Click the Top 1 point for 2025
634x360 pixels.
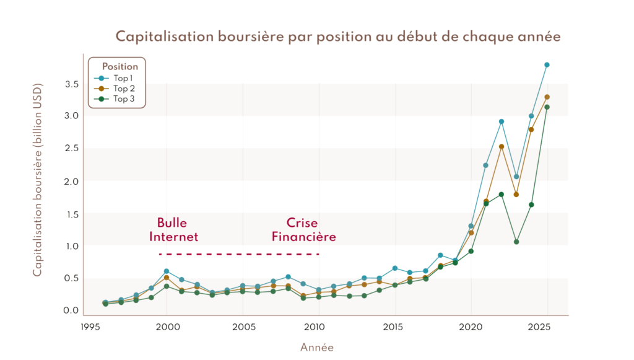point(547,64)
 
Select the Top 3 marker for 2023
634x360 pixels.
point(516,242)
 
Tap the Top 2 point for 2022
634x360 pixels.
point(501,147)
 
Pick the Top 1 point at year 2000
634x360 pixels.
point(167,271)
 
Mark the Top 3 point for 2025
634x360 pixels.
point(547,107)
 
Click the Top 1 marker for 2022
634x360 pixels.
point(501,121)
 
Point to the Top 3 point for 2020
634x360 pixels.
point(471,251)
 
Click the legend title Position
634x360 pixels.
point(119,67)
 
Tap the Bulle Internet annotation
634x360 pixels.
point(177,230)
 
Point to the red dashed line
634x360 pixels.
point(239,255)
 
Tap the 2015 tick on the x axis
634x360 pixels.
point(394,327)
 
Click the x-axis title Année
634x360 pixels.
point(317,348)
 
